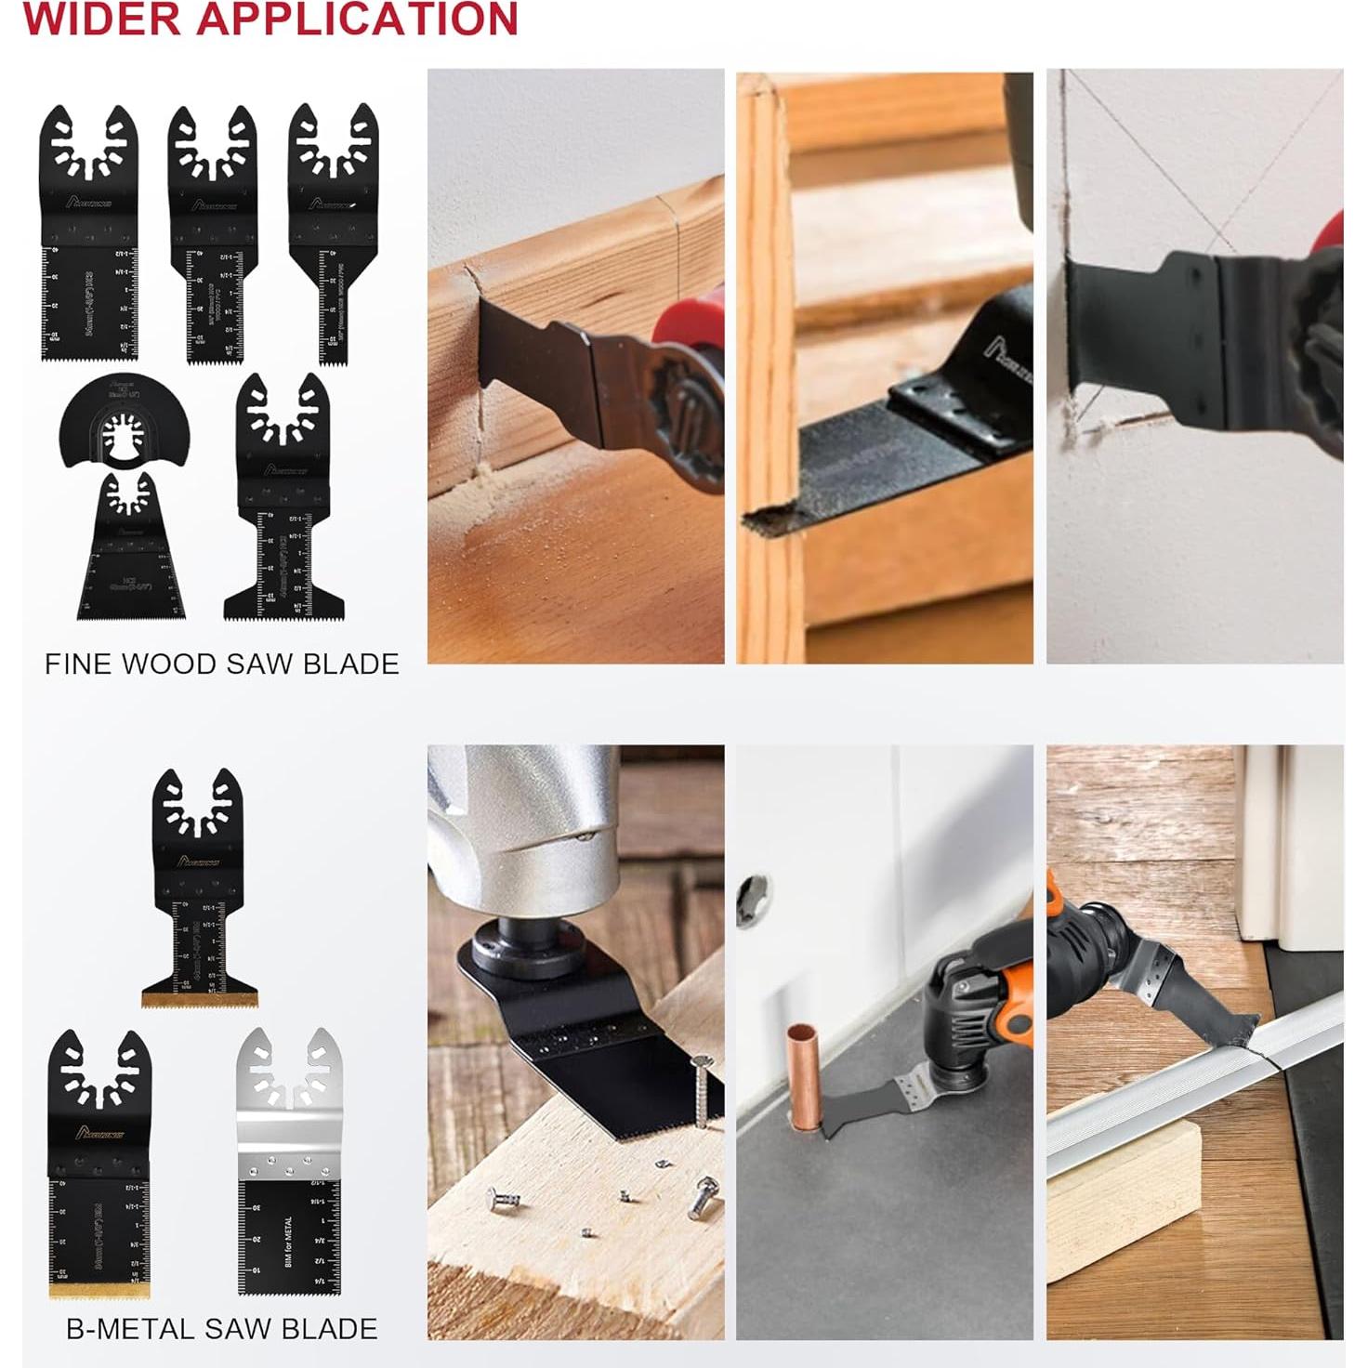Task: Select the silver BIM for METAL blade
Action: coord(288,1162)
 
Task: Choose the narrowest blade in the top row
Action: coord(333,232)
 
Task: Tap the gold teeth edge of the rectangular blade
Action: coord(99,1291)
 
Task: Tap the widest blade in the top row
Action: coord(88,232)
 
